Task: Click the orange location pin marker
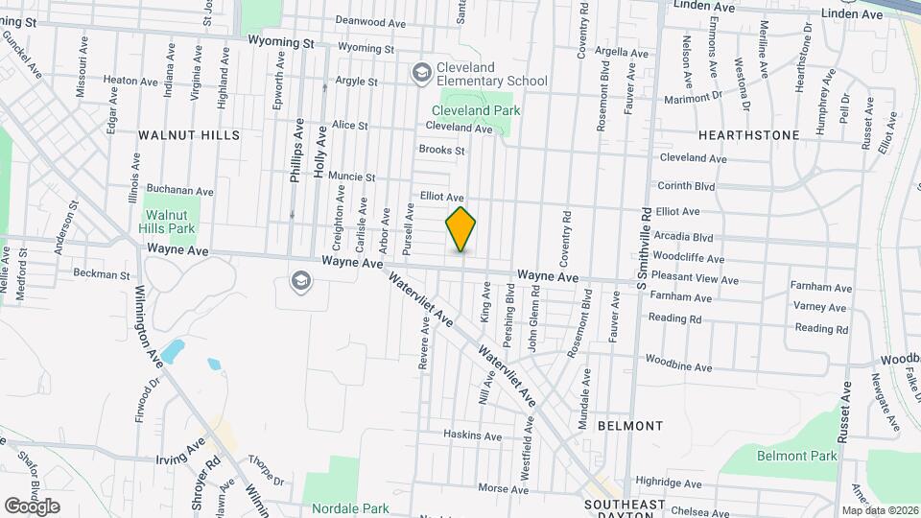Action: pos(461,229)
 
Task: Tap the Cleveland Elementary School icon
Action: pos(420,73)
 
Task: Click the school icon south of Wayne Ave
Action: pos(300,281)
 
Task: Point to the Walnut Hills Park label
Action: pos(170,222)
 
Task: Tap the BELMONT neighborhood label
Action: pos(629,425)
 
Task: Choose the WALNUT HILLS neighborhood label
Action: pos(189,135)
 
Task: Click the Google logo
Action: pos(32,506)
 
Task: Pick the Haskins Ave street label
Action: pos(472,436)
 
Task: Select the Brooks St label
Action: pos(441,150)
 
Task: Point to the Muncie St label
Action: pos(351,177)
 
